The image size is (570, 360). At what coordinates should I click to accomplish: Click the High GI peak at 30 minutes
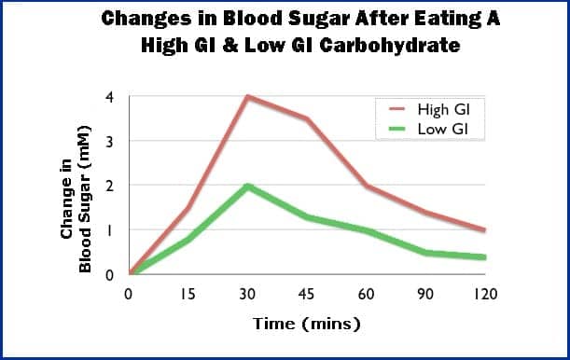click(247, 96)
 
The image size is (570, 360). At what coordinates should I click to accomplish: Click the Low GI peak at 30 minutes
click(247, 186)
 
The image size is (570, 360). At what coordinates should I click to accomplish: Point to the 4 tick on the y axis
click(110, 97)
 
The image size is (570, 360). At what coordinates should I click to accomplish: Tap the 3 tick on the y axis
click(110, 141)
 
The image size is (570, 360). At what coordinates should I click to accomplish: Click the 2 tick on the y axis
click(110, 186)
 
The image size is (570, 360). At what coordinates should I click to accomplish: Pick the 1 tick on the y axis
click(110, 230)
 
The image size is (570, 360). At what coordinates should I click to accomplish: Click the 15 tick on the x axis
click(188, 294)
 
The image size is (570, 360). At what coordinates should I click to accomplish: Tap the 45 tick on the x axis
click(307, 294)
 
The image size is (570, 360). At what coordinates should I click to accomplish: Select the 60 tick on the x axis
click(367, 294)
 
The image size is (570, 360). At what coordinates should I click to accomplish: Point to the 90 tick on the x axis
click(426, 294)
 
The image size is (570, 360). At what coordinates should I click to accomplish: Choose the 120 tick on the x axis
click(485, 294)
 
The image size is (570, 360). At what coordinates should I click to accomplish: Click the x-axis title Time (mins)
click(306, 325)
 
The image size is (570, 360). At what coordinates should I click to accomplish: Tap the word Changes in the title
click(142, 19)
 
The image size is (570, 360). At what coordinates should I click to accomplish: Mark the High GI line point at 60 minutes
click(367, 186)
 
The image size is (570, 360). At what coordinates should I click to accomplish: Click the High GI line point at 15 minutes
click(188, 208)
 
